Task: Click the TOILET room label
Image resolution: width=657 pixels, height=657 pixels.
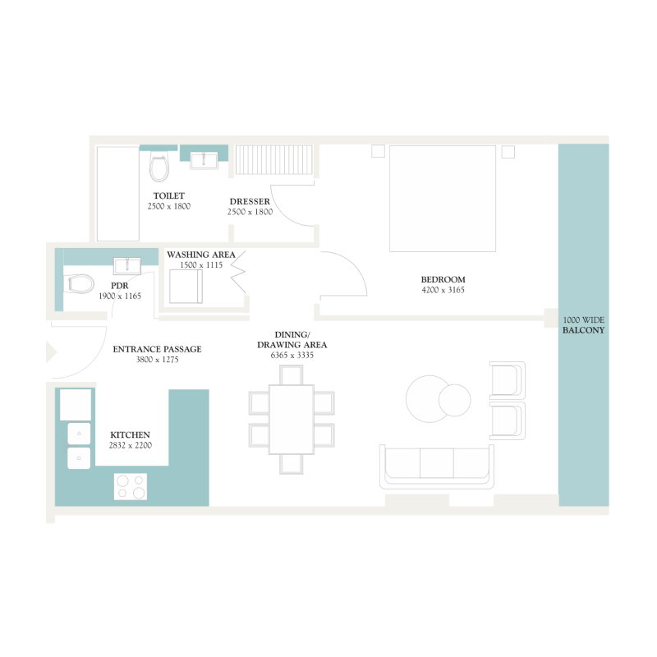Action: click(x=168, y=195)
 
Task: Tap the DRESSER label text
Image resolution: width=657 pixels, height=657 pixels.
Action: click(x=250, y=201)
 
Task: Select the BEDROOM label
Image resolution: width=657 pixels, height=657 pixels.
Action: click(x=443, y=279)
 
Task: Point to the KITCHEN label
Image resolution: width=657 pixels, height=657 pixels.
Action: click(x=131, y=434)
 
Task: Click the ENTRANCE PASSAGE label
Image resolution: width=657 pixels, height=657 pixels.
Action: click(x=157, y=349)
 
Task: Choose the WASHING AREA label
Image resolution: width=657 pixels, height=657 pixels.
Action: click(x=201, y=255)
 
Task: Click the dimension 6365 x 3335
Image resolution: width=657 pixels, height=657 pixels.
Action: click(x=292, y=356)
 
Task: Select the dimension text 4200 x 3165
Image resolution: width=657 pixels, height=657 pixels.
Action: click(x=443, y=290)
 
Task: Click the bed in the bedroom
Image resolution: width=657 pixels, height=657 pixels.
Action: click(x=443, y=199)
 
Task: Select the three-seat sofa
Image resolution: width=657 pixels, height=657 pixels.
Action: click(x=437, y=466)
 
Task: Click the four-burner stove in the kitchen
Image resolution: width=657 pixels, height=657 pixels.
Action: click(x=130, y=486)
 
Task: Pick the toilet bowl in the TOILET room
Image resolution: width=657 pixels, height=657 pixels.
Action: click(x=159, y=168)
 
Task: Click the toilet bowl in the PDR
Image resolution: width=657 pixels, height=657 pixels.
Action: click(x=80, y=284)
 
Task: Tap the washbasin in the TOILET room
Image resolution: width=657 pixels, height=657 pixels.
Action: click(x=204, y=159)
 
